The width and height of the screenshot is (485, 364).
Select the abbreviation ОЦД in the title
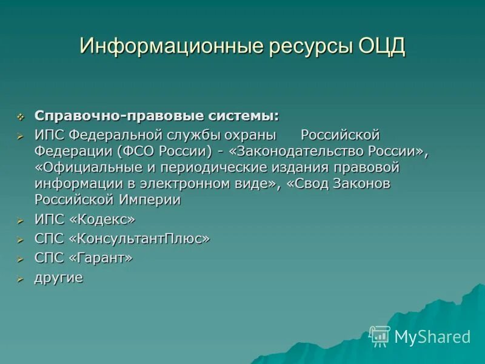tap(377, 47)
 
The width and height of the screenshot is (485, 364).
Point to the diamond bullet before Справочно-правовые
tap(21, 116)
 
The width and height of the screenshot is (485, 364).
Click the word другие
tap(59, 278)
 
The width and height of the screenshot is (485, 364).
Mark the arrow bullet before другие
tap(21, 279)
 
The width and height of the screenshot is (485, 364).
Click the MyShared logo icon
tap(380, 335)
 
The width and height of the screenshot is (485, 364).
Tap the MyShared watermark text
tap(432, 337)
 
